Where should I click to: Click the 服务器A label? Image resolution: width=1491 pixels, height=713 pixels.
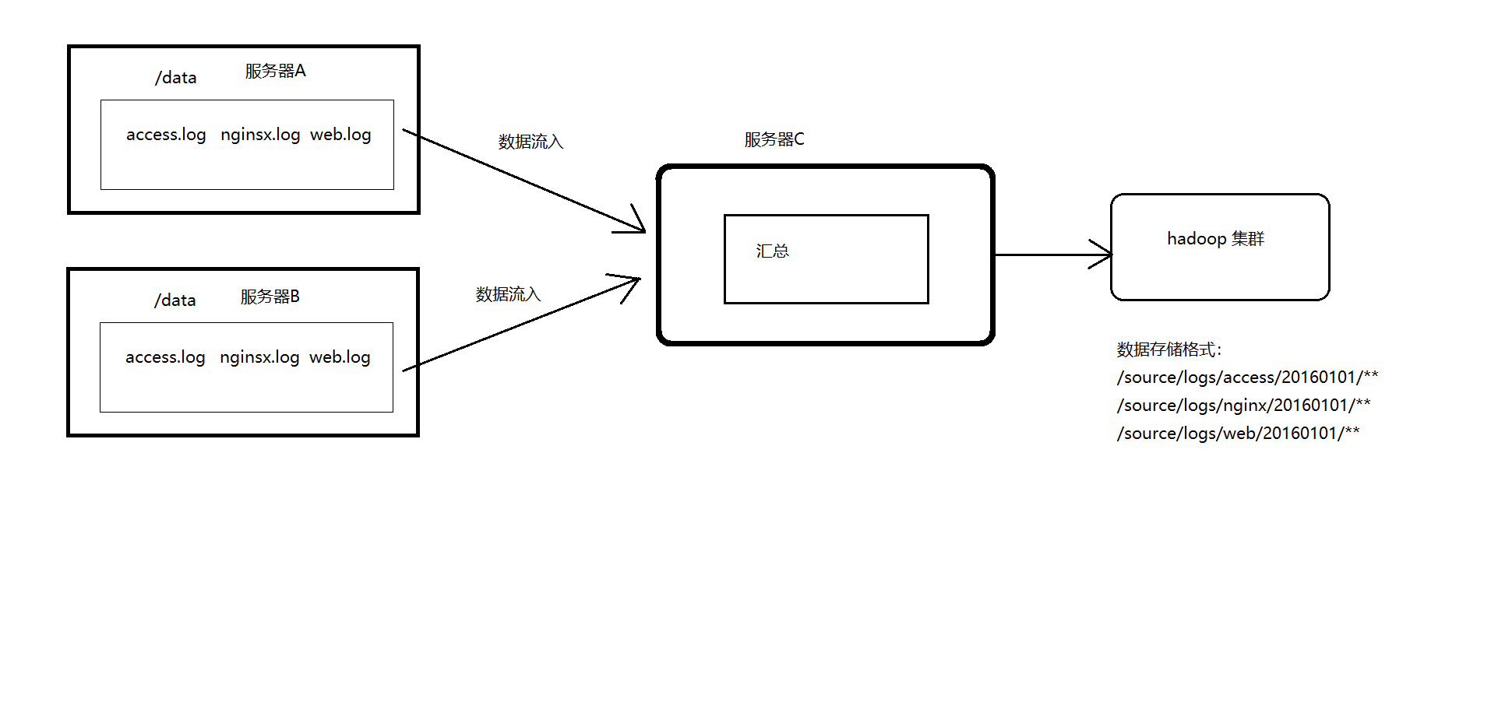coord(275,72)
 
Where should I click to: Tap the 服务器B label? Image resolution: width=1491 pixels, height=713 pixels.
coord(270,297)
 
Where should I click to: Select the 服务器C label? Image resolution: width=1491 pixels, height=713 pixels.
coord(774,139)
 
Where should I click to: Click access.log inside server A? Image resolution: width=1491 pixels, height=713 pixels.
coord(166,135)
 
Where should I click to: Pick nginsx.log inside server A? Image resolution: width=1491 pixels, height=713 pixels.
coord(260,135)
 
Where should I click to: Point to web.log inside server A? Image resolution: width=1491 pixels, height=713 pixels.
coord(340,135)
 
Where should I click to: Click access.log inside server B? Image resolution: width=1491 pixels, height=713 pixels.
coord(165,357)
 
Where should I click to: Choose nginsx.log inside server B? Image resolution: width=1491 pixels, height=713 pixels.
coord(259,357)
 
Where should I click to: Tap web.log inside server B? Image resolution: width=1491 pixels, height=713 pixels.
coord(340,357)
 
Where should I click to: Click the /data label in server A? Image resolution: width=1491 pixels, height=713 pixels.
coord(175,78)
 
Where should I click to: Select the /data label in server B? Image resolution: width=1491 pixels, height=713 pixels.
coord(174,300)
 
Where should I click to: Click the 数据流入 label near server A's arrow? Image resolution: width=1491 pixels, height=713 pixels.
coord(530,142)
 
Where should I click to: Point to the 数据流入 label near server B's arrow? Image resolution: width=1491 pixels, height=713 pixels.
coord(508,294)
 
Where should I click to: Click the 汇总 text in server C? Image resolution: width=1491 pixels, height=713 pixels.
coord(772,251)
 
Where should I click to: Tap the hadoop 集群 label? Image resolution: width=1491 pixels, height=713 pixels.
coord(1215,239)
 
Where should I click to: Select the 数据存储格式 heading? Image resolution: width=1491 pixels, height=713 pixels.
coord(1169,349)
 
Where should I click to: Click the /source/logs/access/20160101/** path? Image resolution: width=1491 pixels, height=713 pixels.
coord(1247,378)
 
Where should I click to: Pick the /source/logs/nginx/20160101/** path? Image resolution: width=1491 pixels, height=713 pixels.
coord(1243,406)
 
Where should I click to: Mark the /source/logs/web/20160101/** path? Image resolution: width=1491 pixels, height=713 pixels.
coord(1238,434)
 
